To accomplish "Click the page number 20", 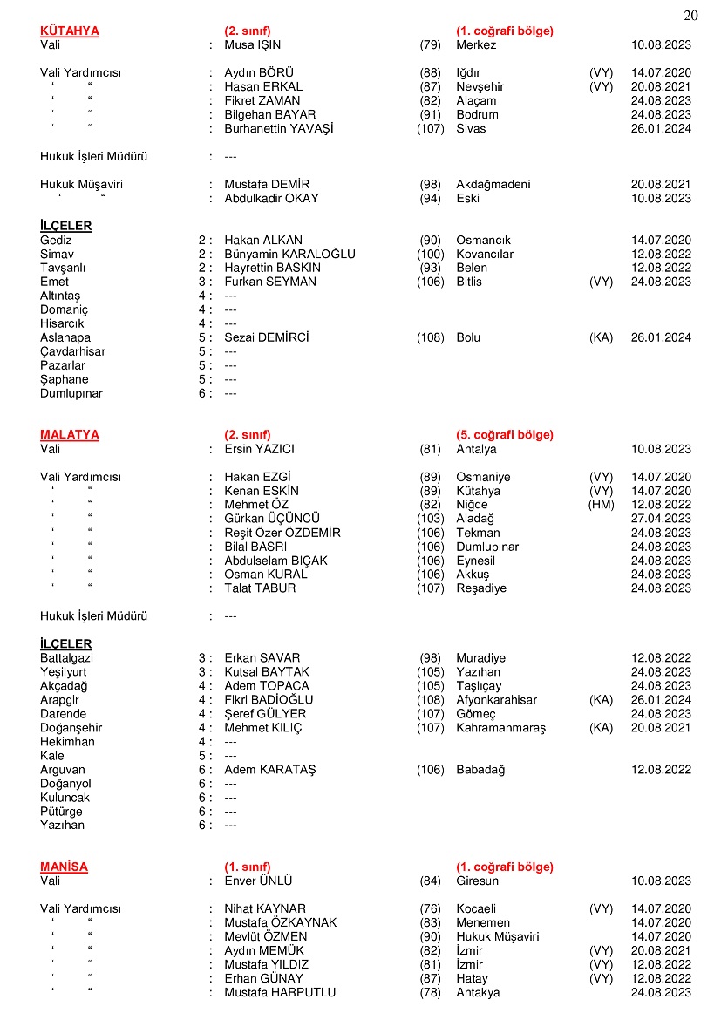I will tap(691, 15).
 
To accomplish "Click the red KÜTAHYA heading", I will tap(70, 31).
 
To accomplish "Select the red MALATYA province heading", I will tap(70, 435).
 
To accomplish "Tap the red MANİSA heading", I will tap(64, 867).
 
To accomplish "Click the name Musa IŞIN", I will tap(253, 45).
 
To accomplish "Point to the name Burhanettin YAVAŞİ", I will tap(279, 129).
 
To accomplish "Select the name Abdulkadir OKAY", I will tap(271, 199).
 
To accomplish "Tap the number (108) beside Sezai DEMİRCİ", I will tap(430, 338).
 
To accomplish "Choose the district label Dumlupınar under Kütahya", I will tap(71, 394).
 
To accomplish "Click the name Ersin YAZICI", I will tap(259, 450).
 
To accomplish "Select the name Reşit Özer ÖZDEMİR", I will tap(282, 534).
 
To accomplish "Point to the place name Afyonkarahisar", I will tap(496, 700).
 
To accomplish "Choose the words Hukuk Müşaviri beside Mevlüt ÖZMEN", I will tap(497, 937).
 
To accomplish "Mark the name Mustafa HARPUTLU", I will tap(280, 993).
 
